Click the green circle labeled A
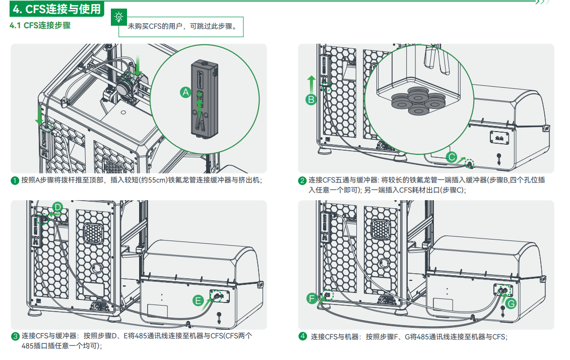[x=186, y=92]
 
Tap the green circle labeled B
[x=311, y=99]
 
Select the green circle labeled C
[x=452, y=158]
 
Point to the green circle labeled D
[x=57, y=207]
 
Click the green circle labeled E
[x=199, y=301]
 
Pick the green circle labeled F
[x=312, y=298]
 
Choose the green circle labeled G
[x=511, y=303]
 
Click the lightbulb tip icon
[x=119, y=17]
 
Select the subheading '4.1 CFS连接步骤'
[x=40, y=26]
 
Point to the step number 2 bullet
[x=302, y=181]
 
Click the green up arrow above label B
[x=311, y=83]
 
